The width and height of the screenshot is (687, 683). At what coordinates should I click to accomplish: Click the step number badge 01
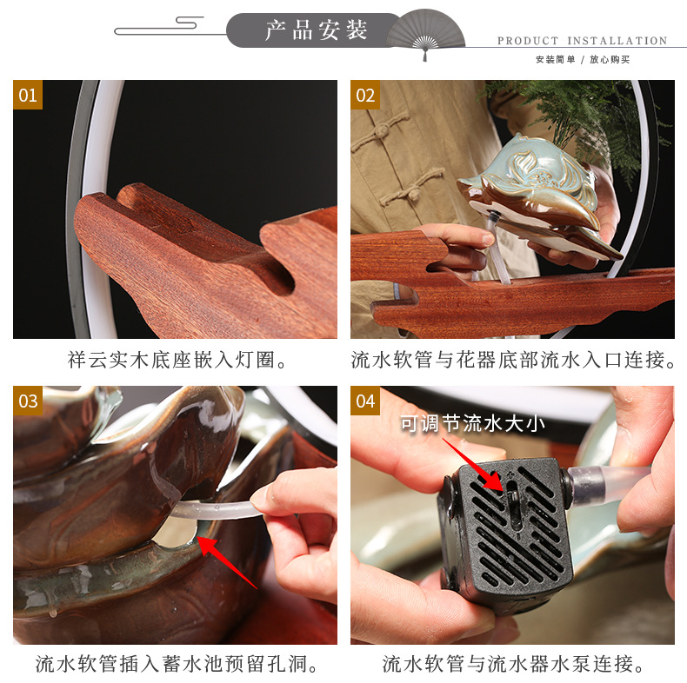point(28,95)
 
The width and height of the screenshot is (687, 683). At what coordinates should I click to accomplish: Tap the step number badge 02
point(365,95)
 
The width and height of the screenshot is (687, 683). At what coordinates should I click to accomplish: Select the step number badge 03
point(28,401)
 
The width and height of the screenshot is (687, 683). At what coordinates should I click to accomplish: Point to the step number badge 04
point(365,401)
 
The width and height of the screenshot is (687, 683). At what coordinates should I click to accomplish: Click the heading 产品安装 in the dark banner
point(317,30)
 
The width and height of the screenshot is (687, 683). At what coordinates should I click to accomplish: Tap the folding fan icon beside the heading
point(425,32)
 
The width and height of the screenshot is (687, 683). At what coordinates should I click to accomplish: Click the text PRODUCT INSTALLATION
point(582,41)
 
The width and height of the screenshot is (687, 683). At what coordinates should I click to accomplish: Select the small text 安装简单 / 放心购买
point(582,60)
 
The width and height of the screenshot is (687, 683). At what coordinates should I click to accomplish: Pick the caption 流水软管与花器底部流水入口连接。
point(513,360)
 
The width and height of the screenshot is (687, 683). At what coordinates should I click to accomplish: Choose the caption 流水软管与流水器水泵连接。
point(513,665)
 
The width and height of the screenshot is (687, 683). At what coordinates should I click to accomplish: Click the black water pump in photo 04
point(504,530)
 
